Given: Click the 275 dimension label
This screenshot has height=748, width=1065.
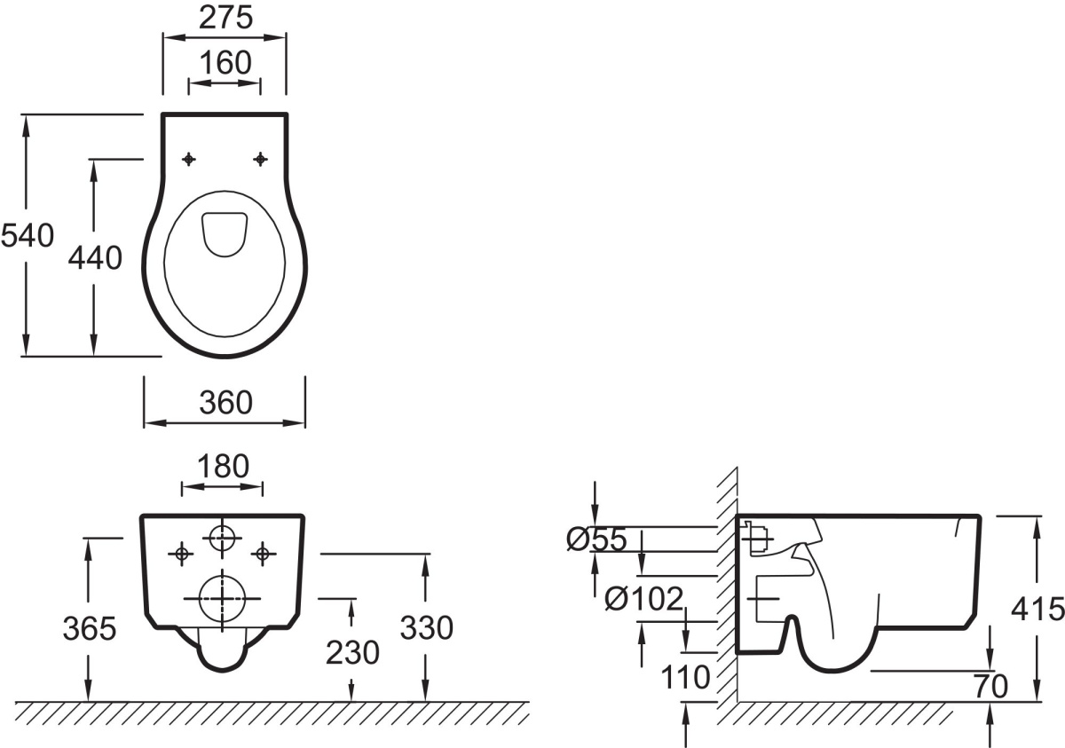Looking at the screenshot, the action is [225, 19].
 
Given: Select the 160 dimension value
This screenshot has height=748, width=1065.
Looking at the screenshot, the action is [225, 63].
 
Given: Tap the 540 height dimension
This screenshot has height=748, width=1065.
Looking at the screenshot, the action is [28, 236].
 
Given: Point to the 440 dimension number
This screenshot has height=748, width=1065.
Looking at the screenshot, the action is [95, 258].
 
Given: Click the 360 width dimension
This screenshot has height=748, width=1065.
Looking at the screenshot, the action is [225, 403].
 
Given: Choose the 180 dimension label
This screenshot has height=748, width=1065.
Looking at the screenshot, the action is [223, 466].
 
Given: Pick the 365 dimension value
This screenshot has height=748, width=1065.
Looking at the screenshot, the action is [90, 629].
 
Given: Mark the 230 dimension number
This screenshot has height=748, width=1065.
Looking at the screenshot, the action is [352, 652].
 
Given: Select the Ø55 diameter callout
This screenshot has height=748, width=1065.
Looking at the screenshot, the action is [596, 539].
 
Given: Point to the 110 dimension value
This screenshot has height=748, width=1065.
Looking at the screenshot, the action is [685, 677].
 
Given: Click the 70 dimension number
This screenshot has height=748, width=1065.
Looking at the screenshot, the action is [991, 686].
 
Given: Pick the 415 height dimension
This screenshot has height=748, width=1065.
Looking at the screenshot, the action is [1037, 609].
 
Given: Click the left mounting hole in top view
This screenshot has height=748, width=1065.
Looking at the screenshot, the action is [189, 159].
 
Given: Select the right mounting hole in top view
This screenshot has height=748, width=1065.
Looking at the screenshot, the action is [260, 159].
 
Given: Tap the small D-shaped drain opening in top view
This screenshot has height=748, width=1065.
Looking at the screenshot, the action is [225, 233].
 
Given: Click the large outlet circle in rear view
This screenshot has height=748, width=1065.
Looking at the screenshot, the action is [222, 598].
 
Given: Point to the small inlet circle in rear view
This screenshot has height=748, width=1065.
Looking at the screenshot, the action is [222, 538].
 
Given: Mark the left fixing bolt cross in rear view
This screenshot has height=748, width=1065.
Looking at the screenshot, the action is [182, 554].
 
